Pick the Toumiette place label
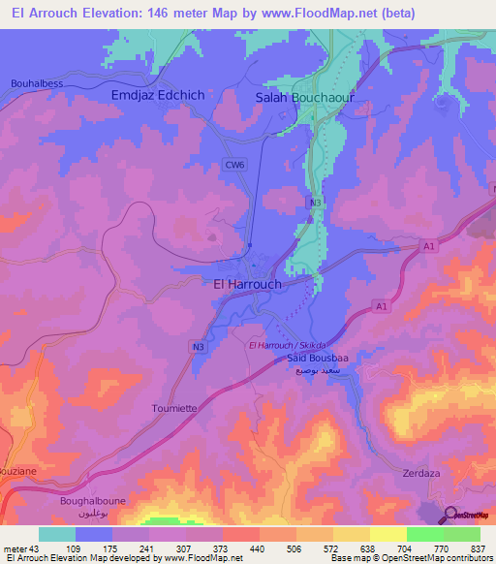tap(174, 409)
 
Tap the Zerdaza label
tap(420, 475)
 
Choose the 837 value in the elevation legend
tap(477, 548)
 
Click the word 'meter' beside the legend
tap(15, 548)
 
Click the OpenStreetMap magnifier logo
tap(449, 515)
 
